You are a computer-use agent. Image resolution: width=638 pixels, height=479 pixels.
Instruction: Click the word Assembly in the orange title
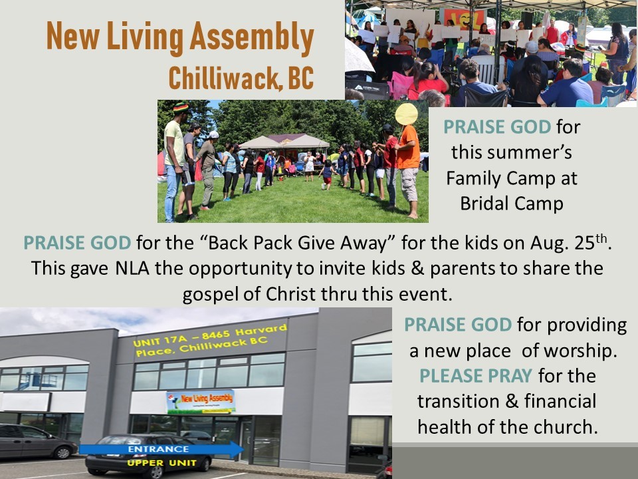coord(252,37)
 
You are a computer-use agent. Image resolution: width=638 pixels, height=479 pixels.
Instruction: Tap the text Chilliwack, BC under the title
coord(241,77)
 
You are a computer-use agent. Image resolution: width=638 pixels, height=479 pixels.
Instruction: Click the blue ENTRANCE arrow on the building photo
coord(161,449)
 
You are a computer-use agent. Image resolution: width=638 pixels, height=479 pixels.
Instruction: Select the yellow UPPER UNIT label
coord(162,463)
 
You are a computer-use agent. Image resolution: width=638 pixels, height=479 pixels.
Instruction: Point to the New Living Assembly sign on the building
coord(201,402)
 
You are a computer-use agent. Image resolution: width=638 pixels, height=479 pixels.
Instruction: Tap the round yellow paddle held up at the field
coord(406,114)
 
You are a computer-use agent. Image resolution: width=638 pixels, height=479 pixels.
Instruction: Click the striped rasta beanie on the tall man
coord(181,108)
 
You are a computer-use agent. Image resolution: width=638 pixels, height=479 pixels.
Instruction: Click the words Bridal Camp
coord(512,204)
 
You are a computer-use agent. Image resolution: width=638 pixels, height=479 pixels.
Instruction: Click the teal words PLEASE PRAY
coord(476,376)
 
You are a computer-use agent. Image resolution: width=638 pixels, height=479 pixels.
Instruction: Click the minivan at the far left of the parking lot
coord(37,441)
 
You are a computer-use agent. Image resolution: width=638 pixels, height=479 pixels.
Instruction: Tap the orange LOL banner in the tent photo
coord(465,19)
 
